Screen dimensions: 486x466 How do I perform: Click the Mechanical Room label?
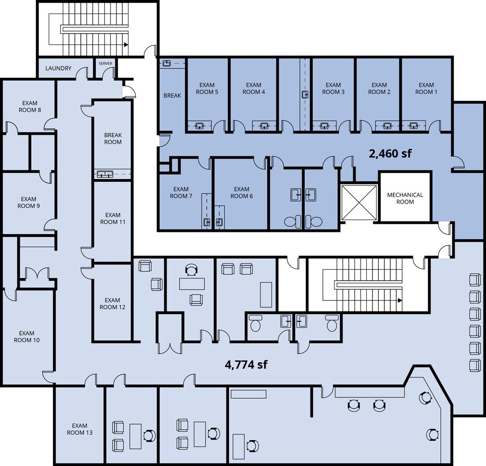point(405,198)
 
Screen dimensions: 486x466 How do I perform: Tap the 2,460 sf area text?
point(390,153)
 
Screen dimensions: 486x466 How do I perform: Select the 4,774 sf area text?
point(246,365)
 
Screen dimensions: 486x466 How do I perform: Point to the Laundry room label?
point(58,68)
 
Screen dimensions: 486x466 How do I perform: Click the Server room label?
point(105,64)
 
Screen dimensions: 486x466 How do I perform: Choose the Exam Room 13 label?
point(80,429)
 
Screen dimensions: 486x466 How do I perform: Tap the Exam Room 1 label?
point(426,89)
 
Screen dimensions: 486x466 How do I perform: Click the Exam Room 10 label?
point(26,337)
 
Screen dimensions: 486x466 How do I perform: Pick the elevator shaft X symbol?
point(359,202)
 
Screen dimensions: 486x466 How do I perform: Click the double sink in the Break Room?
point(105,174)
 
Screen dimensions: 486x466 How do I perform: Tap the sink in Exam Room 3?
point(324,125)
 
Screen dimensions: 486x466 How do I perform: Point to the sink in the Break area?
point(167,63)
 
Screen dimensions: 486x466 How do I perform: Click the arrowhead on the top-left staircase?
point(126,45)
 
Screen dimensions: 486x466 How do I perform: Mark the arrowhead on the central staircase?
point(400,300)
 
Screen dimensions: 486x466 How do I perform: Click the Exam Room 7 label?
point(181,193)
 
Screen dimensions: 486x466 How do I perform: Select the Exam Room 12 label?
point(112,303)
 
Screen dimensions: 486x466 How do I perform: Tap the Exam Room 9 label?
point(28,202)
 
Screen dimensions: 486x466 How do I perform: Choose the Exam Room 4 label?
point(253,89)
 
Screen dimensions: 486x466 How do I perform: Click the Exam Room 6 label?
point(241,193)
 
